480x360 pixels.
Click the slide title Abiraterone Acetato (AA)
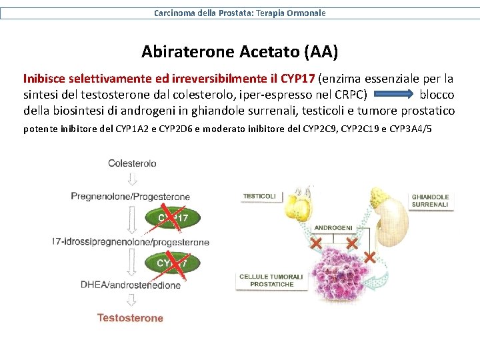pos(239,51)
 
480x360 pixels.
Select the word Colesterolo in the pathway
pos(132,163)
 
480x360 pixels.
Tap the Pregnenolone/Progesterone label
pos(131,197)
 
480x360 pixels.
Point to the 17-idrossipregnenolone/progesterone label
pos(131,242)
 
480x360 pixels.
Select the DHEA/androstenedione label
pos(131,285)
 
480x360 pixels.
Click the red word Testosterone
pos(131,318)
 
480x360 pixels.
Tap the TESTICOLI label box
pos(259,196)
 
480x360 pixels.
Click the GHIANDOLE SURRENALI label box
pos(430,201)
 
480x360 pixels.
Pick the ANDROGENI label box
pos(333,228)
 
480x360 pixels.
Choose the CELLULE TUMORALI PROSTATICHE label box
pos(271,280)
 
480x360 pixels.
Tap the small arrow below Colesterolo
pos(132,179)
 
